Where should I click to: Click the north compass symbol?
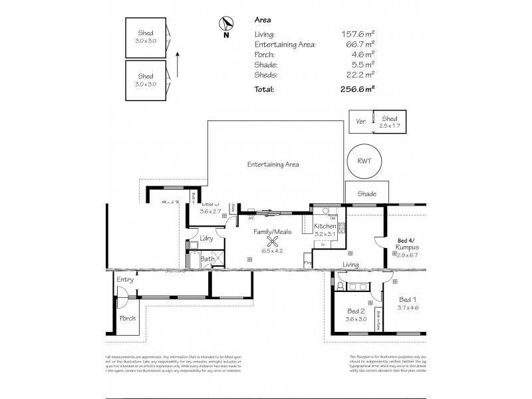(225, 23)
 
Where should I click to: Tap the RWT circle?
(364, 161)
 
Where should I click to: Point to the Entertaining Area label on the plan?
(273, 164)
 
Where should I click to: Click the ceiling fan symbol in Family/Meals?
(271, 242)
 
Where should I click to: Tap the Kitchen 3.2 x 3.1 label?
(325, 230)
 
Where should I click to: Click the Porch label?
(128, 318)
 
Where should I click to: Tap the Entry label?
(125, 280)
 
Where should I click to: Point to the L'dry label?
(206, 237)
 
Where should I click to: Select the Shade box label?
(366, 194)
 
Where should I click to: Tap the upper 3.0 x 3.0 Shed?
(145, 36)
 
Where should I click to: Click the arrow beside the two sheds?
(178, 64)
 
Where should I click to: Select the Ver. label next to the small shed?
(362, 121)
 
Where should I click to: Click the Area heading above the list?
(263, 20)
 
